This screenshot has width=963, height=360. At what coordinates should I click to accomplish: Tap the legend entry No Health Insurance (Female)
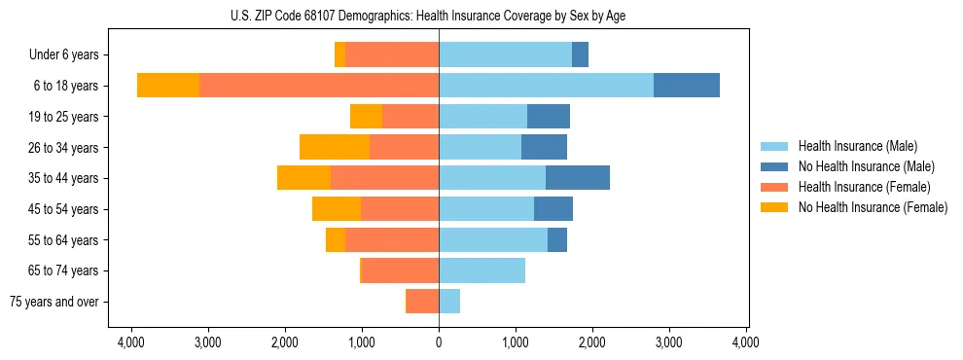click(873, 207)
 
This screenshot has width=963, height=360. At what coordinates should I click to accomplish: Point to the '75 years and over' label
click(54, 302)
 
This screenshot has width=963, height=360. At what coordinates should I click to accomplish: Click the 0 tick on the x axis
click(439, 342)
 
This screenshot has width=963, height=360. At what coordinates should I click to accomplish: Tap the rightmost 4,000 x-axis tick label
click(746, 342)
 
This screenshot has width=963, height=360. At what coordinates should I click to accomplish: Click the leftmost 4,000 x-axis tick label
click(131, 342)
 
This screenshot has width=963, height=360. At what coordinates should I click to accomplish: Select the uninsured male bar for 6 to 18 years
click(687, 86)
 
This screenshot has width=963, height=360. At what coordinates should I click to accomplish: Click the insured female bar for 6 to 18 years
click(319, 86)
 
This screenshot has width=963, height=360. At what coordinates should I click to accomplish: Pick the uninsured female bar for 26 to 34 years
click(335, 147)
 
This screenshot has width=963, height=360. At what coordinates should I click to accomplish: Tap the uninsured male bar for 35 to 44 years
click(578, 178)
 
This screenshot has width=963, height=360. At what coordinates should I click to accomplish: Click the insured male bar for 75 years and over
click(449, 302)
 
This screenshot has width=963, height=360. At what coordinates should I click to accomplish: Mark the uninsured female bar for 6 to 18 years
click(168, 86)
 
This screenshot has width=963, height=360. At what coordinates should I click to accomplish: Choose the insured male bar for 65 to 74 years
click(481, 270)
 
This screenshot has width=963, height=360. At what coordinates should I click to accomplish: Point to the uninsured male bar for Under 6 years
click(580, 55)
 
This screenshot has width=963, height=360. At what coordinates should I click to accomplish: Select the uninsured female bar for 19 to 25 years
click(366, 117)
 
